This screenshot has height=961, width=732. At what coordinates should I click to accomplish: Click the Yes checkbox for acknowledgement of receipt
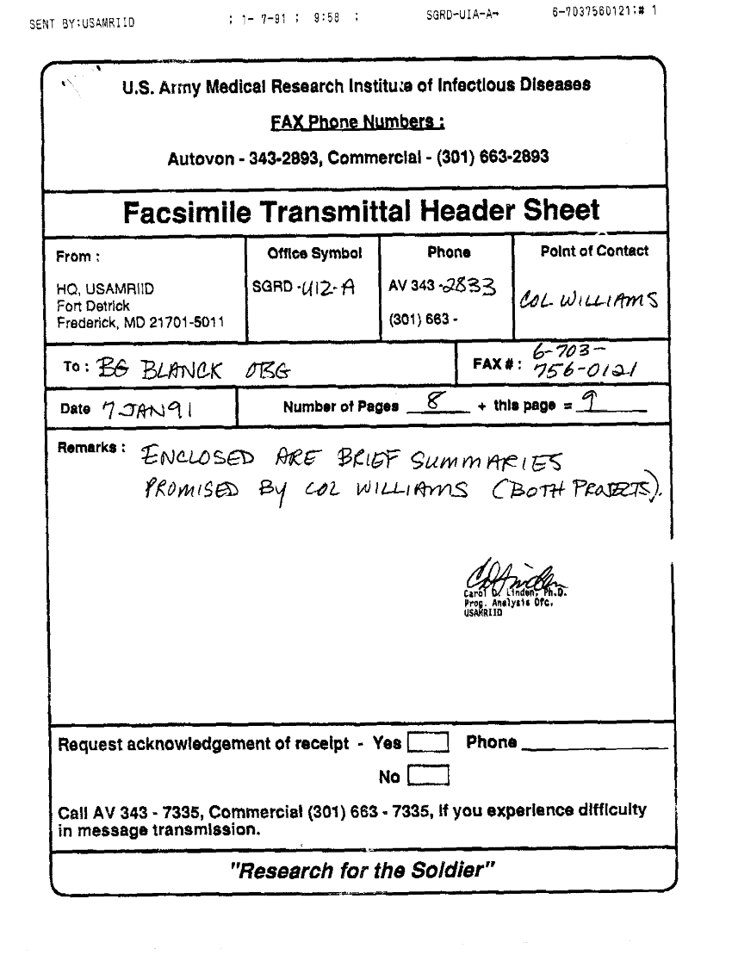pos(428,742)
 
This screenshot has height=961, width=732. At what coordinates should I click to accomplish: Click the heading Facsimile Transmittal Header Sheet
pos(361,211)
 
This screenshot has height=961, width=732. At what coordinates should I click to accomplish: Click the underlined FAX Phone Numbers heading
pos(357,122)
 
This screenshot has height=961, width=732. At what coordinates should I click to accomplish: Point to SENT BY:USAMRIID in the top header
pos(82,23)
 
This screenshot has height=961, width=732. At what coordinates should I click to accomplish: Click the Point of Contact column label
pos(594,251)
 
